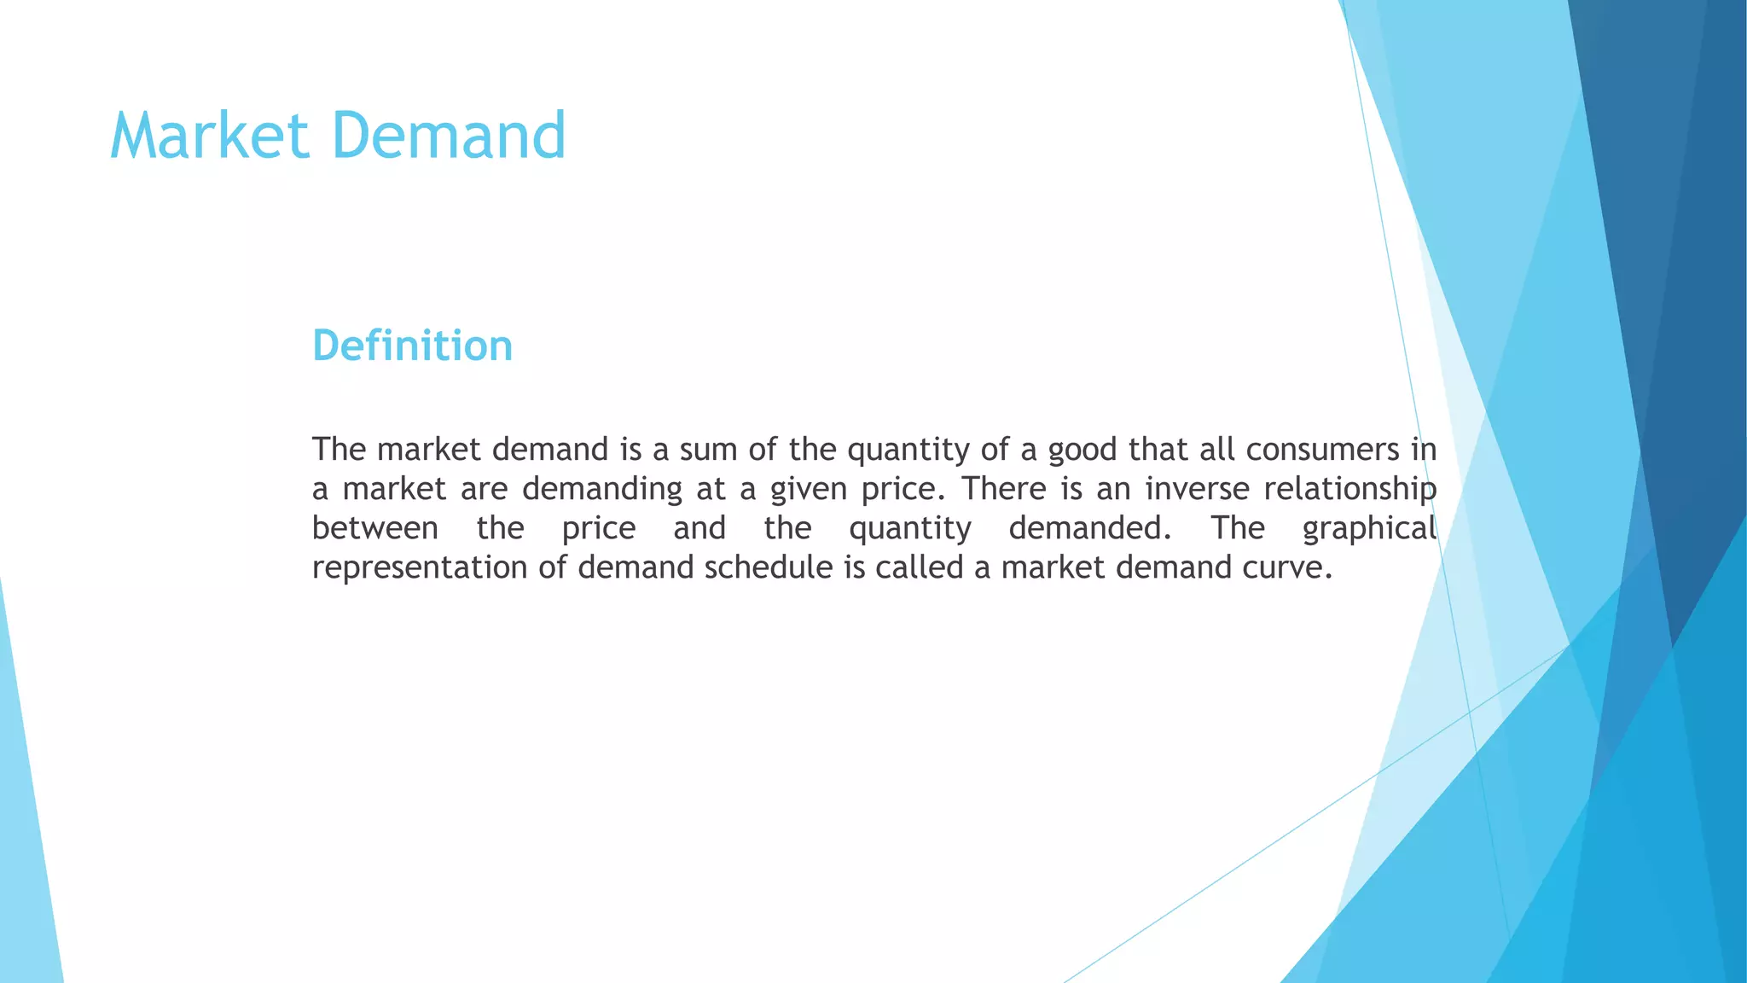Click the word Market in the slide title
coord(209,136)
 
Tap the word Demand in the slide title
coord(449,136)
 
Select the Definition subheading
coord(412,346)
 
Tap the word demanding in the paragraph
coord(602,490)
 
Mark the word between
coord(375,528)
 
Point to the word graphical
coord(1369,529)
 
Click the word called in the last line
coord(920,567)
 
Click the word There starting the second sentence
coord(1004,489)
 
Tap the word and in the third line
coord(699,528)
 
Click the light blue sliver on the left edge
coord(26,853)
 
